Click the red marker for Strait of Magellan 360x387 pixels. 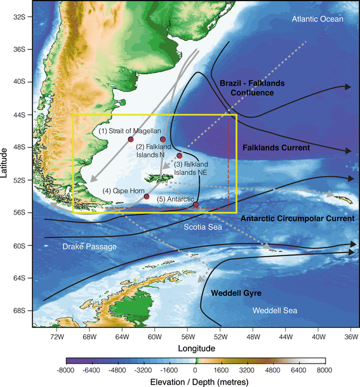pos(131,139)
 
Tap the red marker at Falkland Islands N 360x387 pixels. pos(163,139)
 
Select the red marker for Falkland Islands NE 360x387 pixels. pos(180,155)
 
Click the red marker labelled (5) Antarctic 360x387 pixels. pos(196,204)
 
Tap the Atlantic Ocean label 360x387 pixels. pos(317,19)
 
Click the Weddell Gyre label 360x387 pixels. pos(237,294)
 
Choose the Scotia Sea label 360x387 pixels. pos(202,226)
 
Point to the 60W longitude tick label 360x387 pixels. pos(154,338)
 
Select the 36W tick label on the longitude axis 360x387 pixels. pos(350,338)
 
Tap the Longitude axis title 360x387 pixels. pos(194,348)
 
